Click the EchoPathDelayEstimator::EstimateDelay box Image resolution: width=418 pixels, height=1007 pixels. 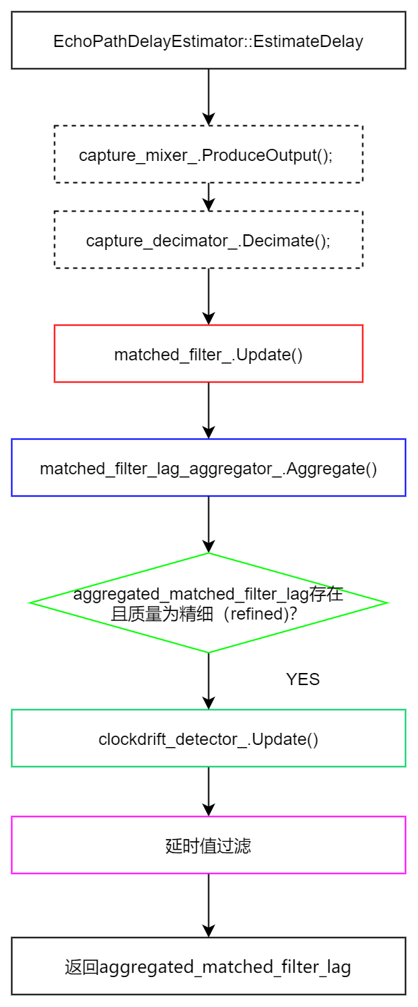(208, 41)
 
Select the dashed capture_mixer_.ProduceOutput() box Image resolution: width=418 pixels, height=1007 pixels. (208, 155)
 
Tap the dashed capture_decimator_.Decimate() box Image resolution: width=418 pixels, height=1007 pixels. (208, 240)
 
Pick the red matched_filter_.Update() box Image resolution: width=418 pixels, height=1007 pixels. (208, 354)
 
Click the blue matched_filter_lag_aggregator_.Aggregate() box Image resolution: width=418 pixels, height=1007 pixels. (208, 468)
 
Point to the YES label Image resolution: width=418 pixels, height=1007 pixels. (302, 679)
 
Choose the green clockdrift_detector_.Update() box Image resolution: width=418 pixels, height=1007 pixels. (208, 739)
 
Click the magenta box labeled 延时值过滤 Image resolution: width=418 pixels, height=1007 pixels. (208, 845)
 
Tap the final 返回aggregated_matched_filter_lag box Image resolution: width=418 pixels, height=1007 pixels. (208, 966)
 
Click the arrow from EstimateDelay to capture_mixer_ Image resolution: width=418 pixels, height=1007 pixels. (208, 97)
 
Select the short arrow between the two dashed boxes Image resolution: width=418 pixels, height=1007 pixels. (208, 197)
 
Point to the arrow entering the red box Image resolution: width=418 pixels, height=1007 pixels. (208, 296)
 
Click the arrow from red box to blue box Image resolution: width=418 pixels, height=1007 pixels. (208, 410)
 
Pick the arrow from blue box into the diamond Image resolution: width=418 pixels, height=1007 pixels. (208, 524)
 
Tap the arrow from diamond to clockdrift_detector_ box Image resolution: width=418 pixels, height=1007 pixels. (208, 681)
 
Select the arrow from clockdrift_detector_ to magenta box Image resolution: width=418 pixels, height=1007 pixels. (208, 791)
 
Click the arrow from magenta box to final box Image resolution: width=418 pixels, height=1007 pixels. (208, 905)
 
